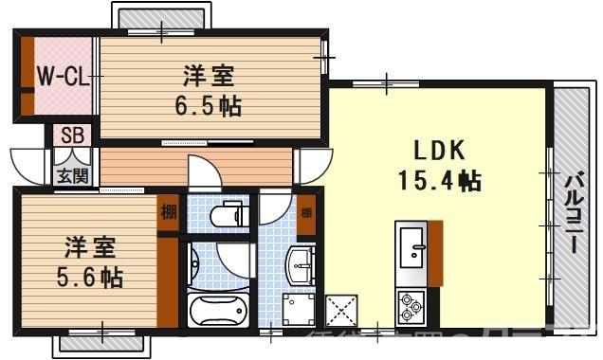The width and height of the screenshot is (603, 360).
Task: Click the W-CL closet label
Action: click(x=63, y=77)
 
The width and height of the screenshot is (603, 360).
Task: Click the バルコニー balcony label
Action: click(x=575, y=210)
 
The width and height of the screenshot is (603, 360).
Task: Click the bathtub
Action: click(x=219, y=311)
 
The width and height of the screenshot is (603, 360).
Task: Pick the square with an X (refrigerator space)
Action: click(x=340, y=310)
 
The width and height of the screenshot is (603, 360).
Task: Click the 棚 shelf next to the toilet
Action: click(x=168, y=211)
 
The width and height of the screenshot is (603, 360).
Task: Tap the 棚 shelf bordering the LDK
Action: click(x=306, y=211)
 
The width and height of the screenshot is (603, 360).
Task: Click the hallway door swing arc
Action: click(x=201, y=172)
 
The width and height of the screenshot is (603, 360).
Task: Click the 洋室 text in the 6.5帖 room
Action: click(x=208, y=74)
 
